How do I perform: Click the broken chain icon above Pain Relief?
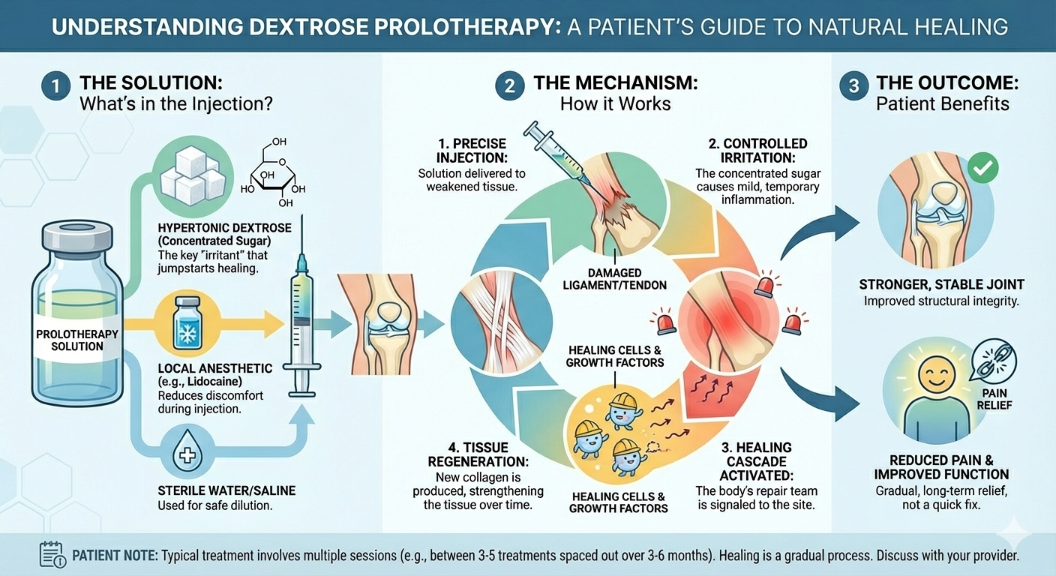[994, 360]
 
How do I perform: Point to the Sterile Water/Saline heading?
[226, 490]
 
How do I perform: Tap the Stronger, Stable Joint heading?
[941, 284]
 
